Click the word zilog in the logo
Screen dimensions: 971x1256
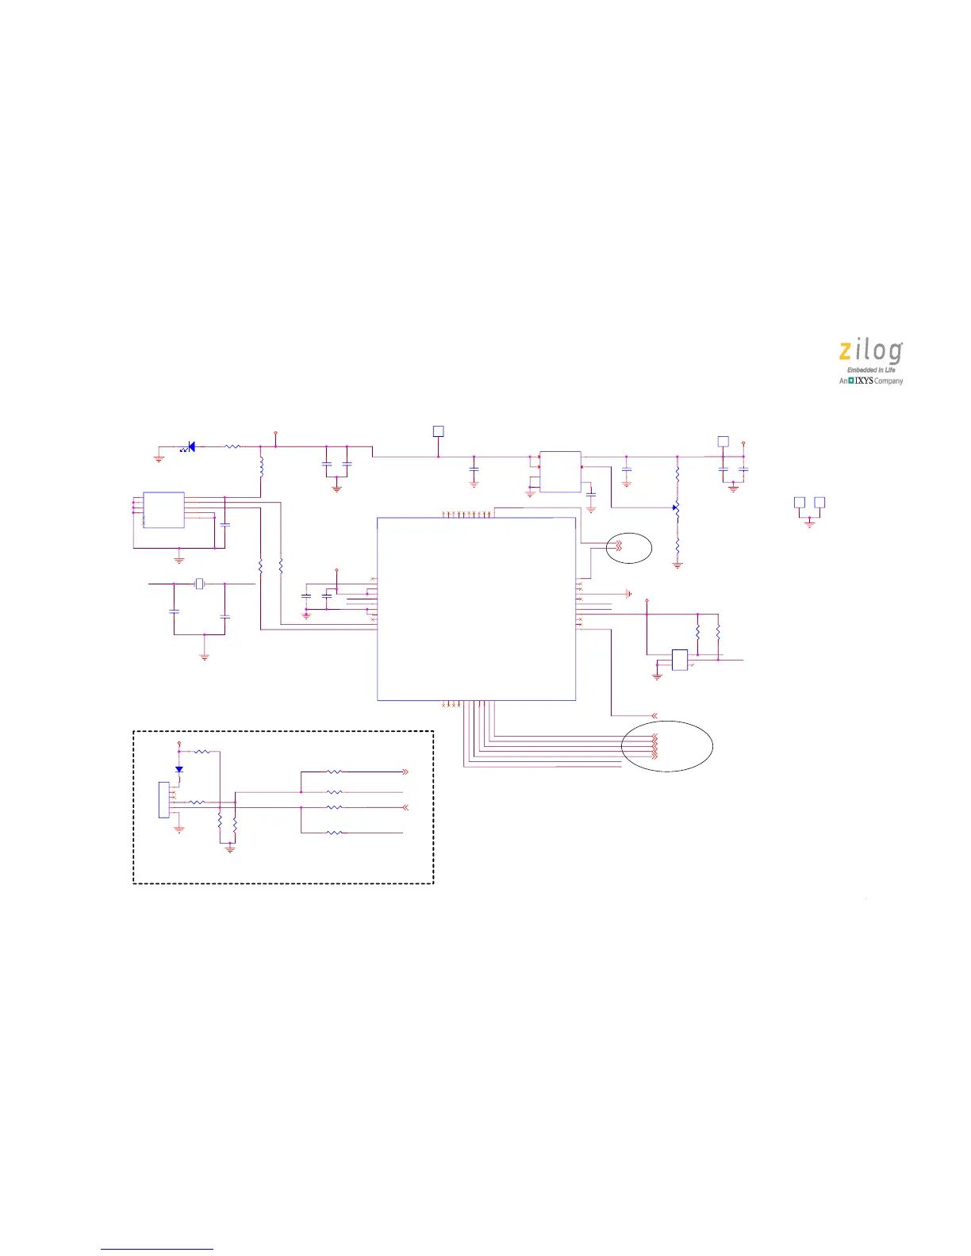click(870, 352)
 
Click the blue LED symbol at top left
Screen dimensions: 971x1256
click(190, 447)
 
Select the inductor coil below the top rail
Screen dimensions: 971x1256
click(261, 465)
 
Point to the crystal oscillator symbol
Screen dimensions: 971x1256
click(200, 584)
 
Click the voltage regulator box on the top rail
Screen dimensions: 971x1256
click(560, 472)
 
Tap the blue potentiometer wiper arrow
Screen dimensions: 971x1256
click(675, 507)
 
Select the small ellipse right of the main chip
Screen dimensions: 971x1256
click(629, 548)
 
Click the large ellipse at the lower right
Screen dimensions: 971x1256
click(667, 745)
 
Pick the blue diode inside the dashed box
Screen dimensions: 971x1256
click(179, 769)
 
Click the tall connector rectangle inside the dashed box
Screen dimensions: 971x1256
click(163, 799)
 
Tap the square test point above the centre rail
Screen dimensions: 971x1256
click(438, 431)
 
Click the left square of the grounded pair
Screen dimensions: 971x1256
click(800, 502)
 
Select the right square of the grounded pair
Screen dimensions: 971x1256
click(819, 502)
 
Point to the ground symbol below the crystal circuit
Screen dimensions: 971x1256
click(205, 655)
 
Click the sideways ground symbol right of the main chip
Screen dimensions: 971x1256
click(628, 594)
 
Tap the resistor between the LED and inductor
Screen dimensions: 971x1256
click(232, 447)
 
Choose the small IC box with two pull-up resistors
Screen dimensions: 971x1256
click(680, 660)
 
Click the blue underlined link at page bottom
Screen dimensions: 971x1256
click(157, 1249)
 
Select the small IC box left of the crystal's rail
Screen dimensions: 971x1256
click(163, 510)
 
